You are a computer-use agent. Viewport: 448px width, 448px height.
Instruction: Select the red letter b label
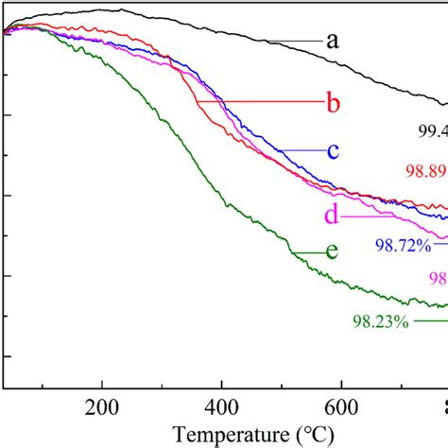click(332, 103)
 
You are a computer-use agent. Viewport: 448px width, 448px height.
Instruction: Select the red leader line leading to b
click(255, 102)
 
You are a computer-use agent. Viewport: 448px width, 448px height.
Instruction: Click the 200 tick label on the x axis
click(100, 407)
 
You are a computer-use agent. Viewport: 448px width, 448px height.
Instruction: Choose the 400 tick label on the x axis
click(221, 407)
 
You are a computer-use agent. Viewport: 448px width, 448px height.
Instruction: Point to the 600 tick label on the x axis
click(341, 407)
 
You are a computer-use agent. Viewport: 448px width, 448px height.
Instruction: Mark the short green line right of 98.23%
click(430, 321)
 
